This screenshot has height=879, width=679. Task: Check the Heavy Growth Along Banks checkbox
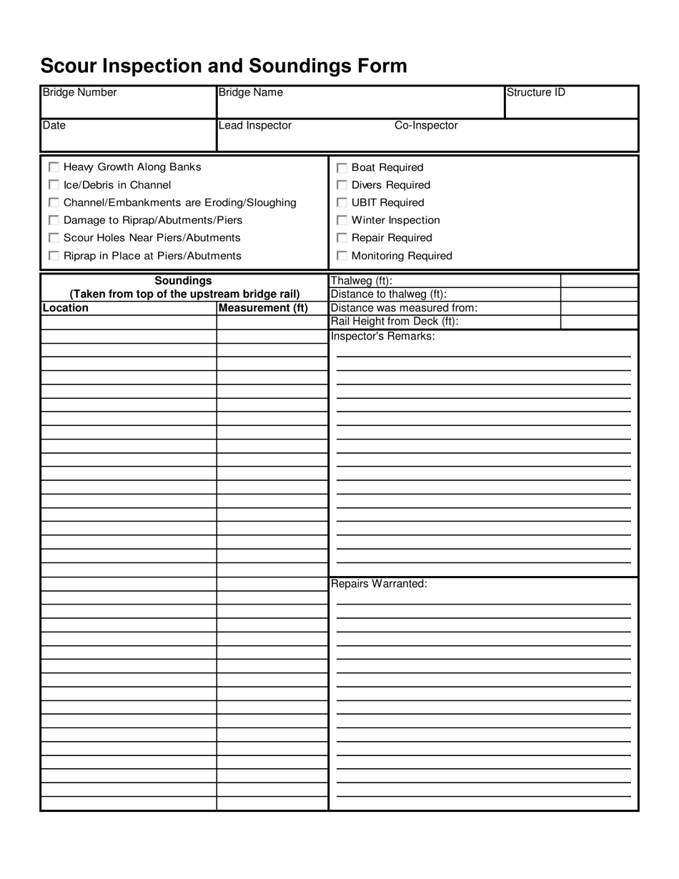click(54, 167)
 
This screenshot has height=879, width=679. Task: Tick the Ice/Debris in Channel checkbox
click(54, 185)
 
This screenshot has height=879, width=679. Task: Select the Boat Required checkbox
click(342, 168)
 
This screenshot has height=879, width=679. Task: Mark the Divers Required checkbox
click(342, 185)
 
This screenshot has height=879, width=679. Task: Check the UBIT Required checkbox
click(342, 203)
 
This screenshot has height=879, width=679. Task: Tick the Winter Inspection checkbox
click(342, 220)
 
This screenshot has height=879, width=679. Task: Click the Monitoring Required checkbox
click(342, 256)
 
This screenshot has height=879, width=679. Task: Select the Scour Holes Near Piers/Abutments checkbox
click(54, 238)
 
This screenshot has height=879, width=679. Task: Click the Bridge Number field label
click(79, 92)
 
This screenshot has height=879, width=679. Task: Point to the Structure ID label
click(535, 92)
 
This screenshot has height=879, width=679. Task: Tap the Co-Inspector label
click(426, 126)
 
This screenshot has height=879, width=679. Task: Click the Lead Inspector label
click(255, 126)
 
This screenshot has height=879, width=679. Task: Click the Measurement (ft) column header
click(263, 308)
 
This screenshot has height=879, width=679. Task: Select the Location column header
click(66, 308)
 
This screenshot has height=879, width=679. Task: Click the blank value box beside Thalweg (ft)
click(599, 281)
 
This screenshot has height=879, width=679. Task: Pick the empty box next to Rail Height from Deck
click(599, 322)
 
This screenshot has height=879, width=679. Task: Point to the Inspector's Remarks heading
click(382, 336)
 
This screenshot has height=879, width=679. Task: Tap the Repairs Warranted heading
click(379, 584)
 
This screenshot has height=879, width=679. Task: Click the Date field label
click(54, 126)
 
